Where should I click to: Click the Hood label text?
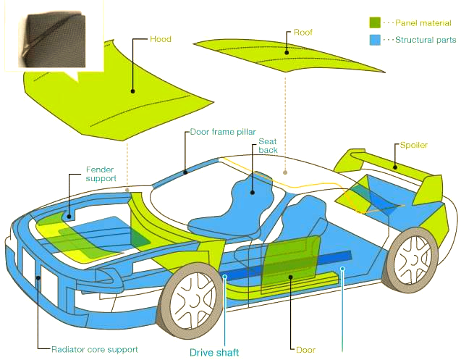click(160, 38)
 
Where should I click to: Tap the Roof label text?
click(303, 33)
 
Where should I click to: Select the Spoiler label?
click(413, 145)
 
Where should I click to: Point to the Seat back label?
click(268, 145)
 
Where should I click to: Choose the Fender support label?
click(101, 173)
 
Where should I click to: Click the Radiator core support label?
click(94, 349)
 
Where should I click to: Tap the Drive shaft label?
click(214, 353)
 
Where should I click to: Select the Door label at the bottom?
click(306, 349)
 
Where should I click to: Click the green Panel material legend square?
click(374, 23)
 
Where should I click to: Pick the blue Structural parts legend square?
click(374, 40)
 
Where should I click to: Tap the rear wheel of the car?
click(413, 260)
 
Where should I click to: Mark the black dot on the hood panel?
click(133, 91)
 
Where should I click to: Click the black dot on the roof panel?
click(287, 51)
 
